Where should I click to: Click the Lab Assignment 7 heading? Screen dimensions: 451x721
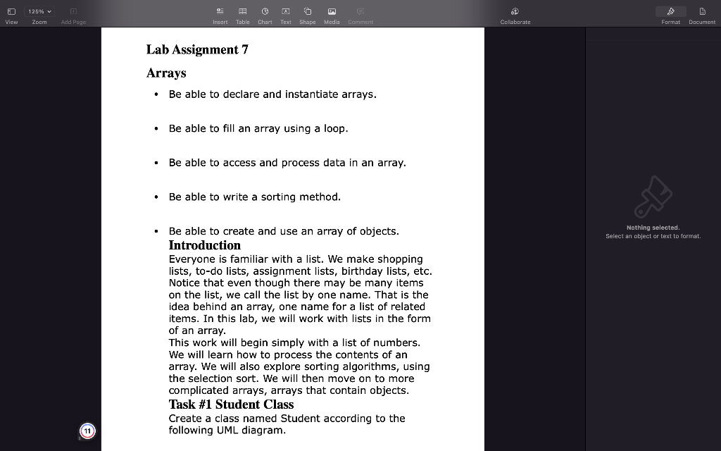point(197,49)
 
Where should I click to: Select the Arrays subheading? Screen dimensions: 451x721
point(166,73)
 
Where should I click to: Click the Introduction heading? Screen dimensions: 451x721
point(204,245)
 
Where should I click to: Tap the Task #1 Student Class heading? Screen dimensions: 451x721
point(231,404)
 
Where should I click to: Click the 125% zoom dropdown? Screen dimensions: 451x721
point(39,11)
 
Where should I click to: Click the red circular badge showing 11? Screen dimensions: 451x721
point(87,431)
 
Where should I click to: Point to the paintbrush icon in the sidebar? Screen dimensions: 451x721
point(653,197)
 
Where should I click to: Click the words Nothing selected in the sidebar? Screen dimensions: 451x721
point(653,228)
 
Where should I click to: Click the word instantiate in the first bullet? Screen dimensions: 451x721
point(311,94)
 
